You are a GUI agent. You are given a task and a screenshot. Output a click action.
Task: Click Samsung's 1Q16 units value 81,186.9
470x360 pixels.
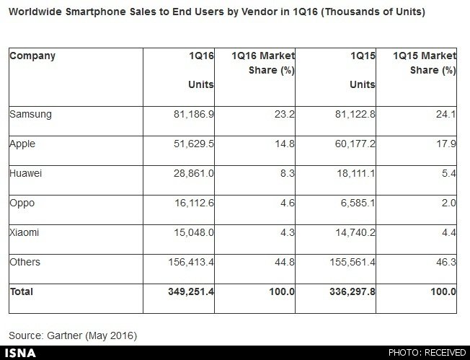click(192, 115)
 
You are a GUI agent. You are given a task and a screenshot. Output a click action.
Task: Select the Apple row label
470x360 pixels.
click(22, 144)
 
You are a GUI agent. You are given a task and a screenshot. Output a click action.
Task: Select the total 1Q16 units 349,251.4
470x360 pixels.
click(189, 292)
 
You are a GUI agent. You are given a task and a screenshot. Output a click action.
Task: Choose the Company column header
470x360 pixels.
click(32, 56)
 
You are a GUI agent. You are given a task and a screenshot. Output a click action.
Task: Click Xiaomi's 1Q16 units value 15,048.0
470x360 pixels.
click(192, 233)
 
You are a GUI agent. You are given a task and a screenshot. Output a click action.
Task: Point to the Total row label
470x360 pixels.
click(22, 292)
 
